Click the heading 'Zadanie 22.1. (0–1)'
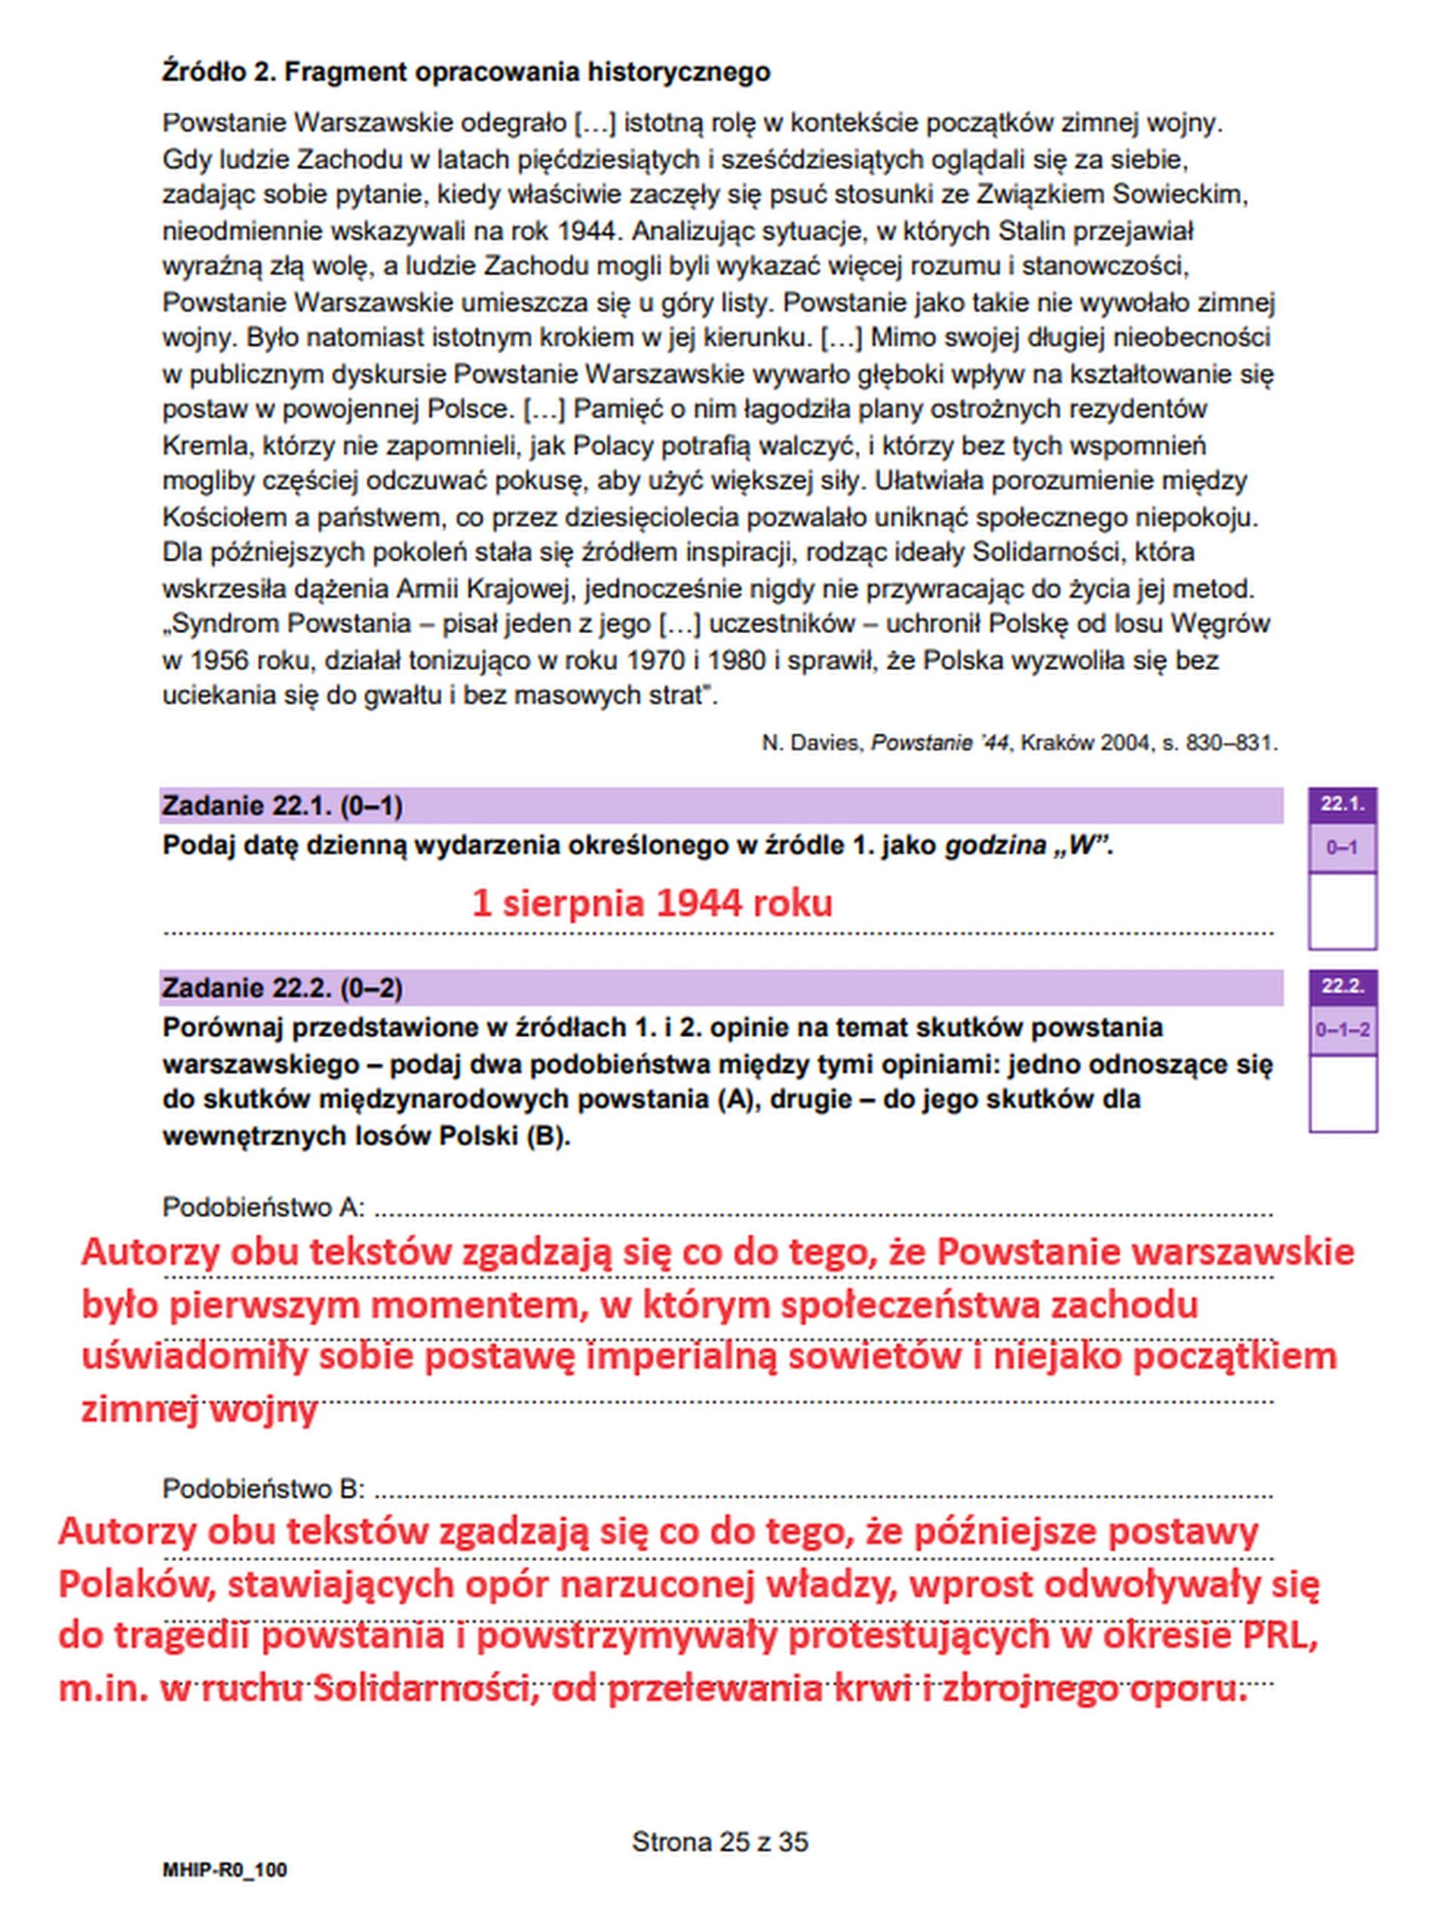[x=282, y=805]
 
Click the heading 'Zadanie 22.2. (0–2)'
[x=282, y=987]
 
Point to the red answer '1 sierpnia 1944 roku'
[x=652, y=902]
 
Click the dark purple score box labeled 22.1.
[x=1342, y=804]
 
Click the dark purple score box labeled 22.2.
[x=1342, y=987]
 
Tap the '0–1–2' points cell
[x=1342, y=1030]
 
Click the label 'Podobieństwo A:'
[x=263, y=1207]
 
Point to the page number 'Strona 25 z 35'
[x=720, y=1842]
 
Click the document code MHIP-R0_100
[x=224, y=1870]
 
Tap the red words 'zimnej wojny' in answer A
[x=198, y=1410]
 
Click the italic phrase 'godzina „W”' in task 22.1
[x=1026, y=846]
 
